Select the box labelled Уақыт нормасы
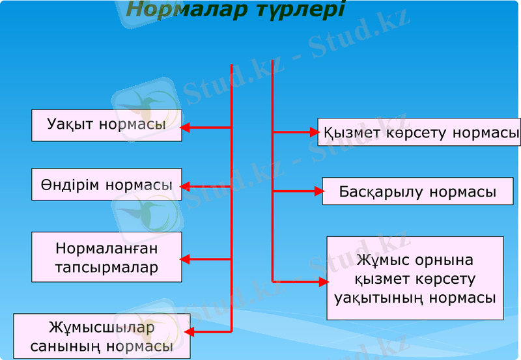(106, 125)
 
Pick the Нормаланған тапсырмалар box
(106, 257)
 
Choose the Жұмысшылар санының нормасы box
(102, 336)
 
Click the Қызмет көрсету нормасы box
(419, 133)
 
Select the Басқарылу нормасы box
(417, 191)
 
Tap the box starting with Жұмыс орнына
(415, 279)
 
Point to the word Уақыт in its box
(72, 125)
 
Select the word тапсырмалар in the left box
(107, 268)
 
